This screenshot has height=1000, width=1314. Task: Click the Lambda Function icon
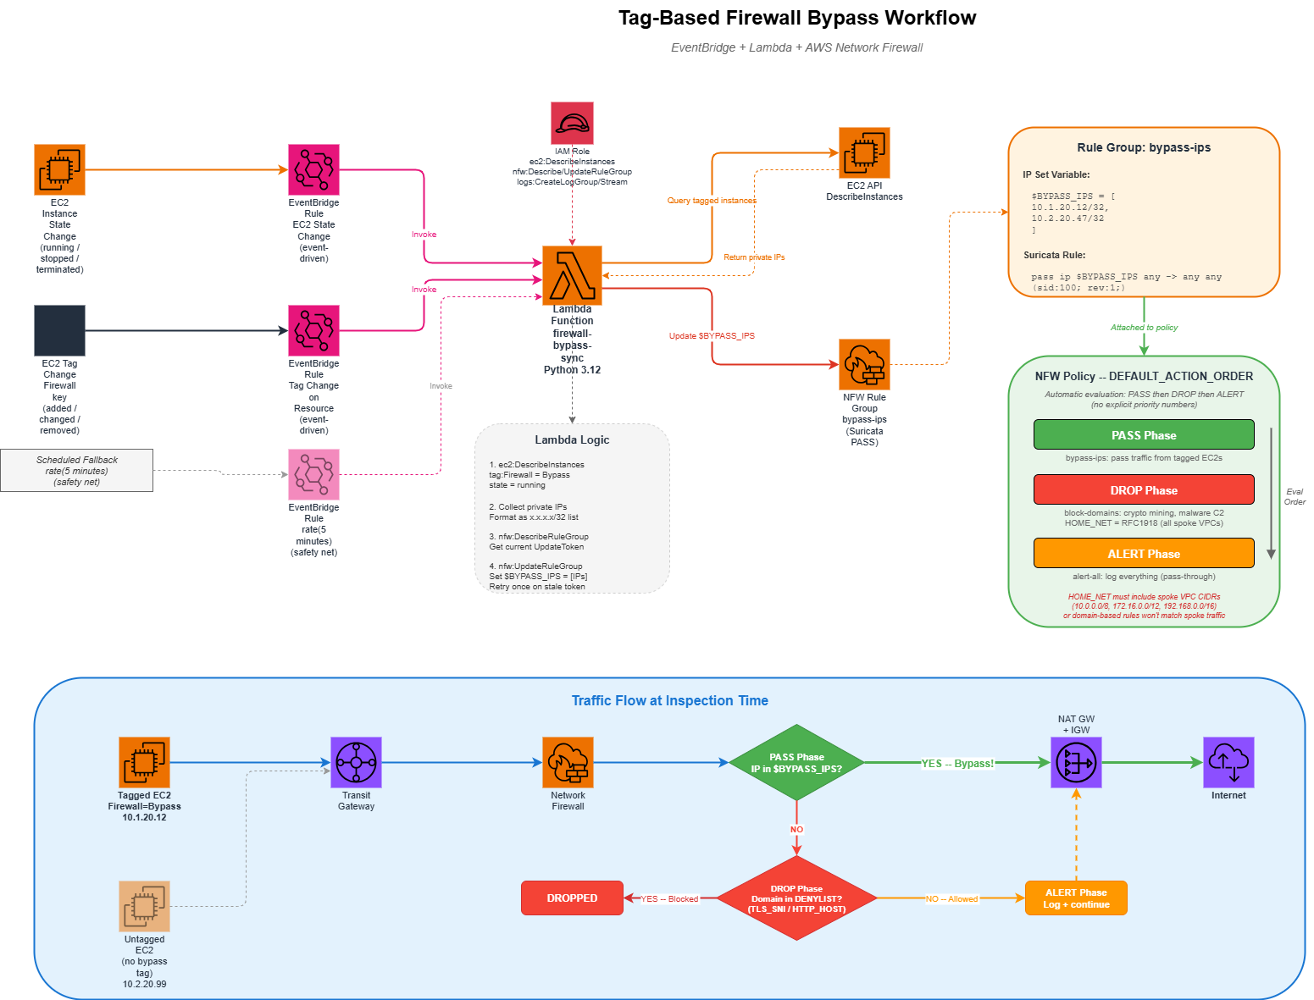pyautogui.click(x=572, y=275)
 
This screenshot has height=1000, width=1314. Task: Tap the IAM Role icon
pyautogui.click(x=572, y=124)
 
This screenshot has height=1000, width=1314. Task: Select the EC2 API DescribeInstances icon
pyautogui.click(x=864, y=152)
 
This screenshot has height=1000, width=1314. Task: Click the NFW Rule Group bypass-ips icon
pyautogui.click(x=864, y=364)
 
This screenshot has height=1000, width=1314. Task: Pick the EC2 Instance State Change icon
pyautogui.click(x=59, y=169)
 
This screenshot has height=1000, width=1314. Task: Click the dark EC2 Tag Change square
pyautogui.click(x=59, y=330)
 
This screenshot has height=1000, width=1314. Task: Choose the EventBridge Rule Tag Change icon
pyautogui.click(x=313, y=330)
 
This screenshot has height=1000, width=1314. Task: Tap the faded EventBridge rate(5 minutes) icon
pyautogui.click(x=313, y=474)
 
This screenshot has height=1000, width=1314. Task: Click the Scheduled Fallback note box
pyautogui.click(x=77, y=471)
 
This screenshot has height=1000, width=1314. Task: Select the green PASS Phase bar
pyautogui.click(x=1144, y=435)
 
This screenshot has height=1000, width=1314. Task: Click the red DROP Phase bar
pyautogui.click(x=1144, y=490)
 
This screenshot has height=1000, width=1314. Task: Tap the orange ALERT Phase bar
pyautogui.click(x=1144, y=554)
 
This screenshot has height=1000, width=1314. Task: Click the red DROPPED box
pyautogui.click(x=572, y=898)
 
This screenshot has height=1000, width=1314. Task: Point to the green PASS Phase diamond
pyautogui.click(x=796, y=762)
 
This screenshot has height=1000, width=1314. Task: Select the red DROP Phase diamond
pyautogui.click(x=796, y=898)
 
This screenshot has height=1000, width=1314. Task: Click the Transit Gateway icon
pyautogui.click(x=356, y=762)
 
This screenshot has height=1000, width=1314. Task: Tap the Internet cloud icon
pyautogui.click(x=1228, y=762)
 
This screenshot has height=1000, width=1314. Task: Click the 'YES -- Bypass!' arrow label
pyautogui.click(x=957, y=764)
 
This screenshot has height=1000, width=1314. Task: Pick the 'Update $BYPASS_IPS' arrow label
pyautogui.click(x=712, y=336)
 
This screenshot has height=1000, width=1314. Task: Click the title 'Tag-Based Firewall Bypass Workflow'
pyautogui.click(x=796, y=18)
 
